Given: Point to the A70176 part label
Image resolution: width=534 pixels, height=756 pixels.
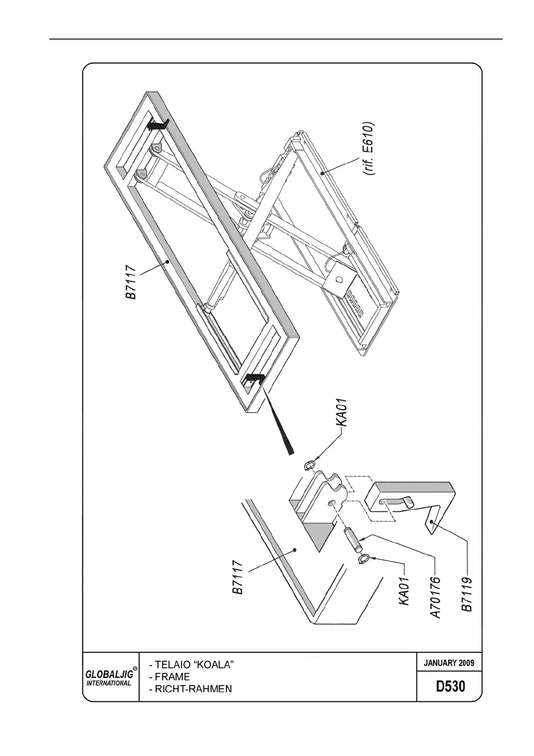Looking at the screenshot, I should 436,598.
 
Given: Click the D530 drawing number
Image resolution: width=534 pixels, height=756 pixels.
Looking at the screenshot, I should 451,686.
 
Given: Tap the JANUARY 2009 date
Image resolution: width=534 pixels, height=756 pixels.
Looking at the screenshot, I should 449,663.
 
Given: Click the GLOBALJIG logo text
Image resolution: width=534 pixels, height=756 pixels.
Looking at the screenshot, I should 109,674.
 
